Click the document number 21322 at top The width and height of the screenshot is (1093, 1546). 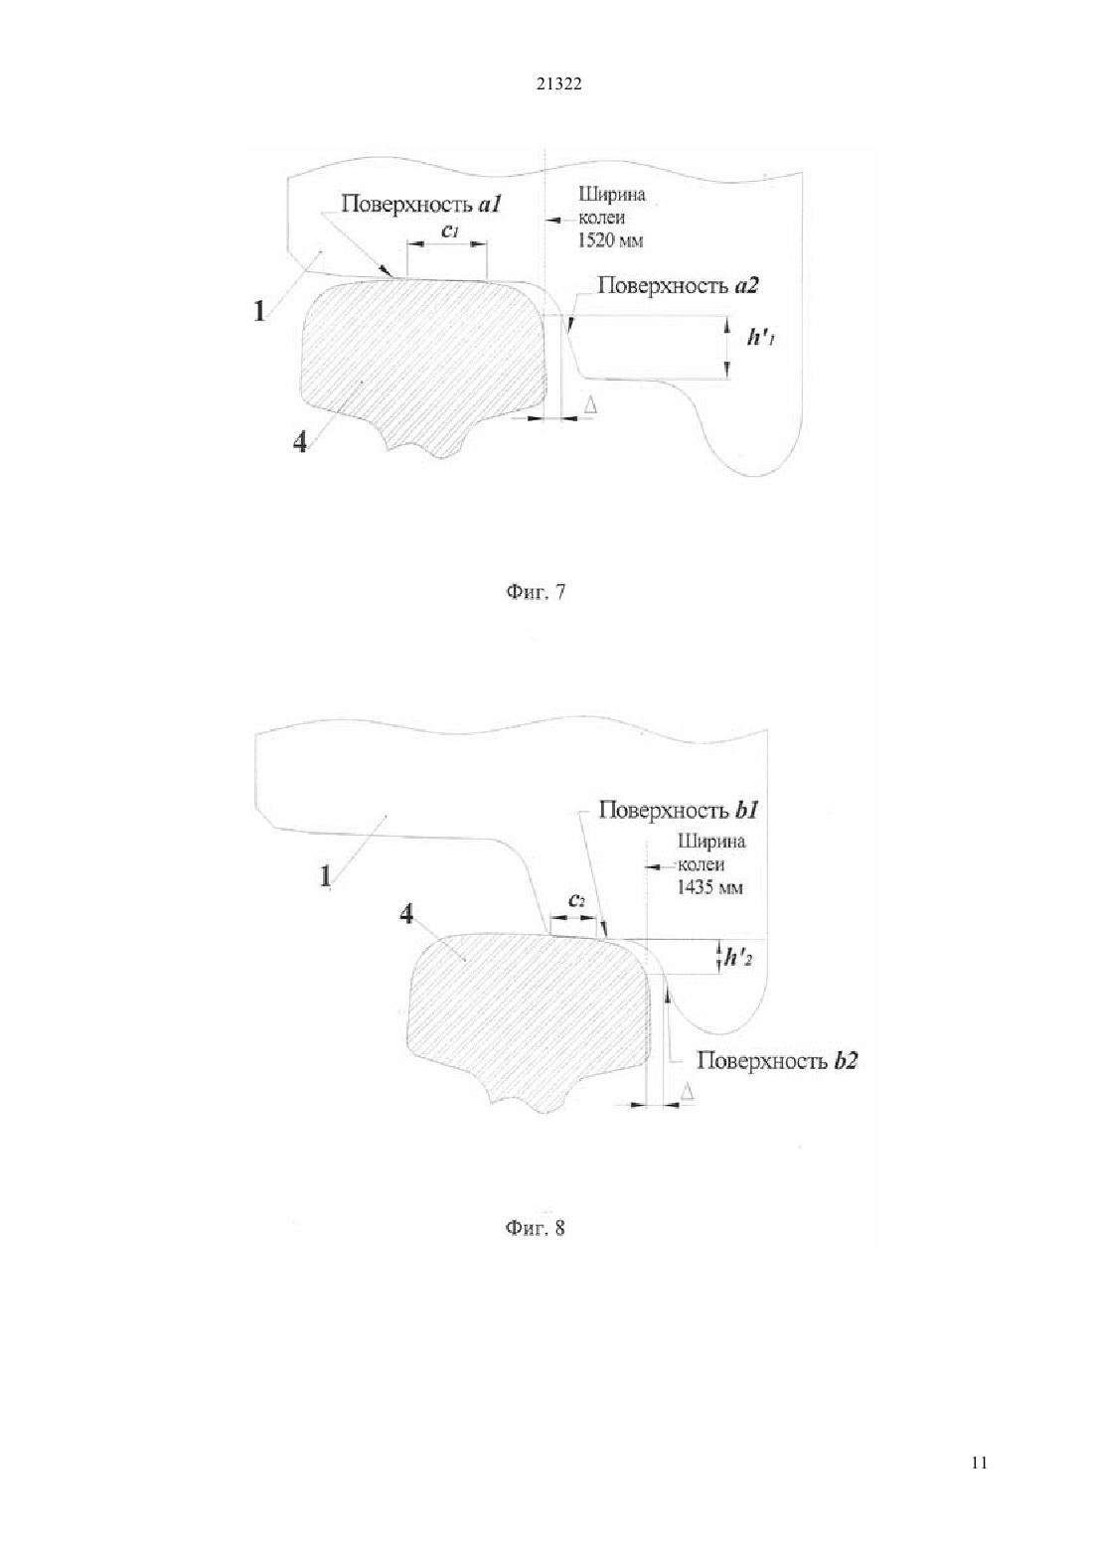(x=558, y=84)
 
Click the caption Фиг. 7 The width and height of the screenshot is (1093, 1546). (x=536, y=592)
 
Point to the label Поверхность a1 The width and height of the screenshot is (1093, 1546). (x=421, y=205)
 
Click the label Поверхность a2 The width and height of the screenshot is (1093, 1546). (x=679, y=285)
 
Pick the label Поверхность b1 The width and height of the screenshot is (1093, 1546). (x=679, y=809)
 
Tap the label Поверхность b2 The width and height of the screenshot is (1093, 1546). (x=777, y=1060)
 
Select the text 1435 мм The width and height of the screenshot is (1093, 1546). (x=709, y=887)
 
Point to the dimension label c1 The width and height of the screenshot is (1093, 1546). (x=450, y=232)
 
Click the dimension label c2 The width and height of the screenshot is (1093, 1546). (x=577, y=901)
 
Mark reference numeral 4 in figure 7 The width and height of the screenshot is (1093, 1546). (x=299, y=442)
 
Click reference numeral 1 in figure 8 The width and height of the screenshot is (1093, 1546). (x=325, y=876)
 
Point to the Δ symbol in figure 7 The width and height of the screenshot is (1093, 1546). (x=589, y=404)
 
